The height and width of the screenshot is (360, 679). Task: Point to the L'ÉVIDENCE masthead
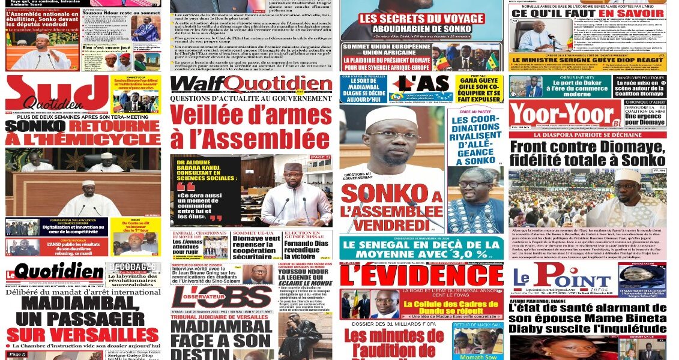(421, 275)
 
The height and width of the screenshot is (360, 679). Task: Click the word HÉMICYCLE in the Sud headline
(83, 140)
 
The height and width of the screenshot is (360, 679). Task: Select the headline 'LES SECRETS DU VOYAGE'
(421, 19)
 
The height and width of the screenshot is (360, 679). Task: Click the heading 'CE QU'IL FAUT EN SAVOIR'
(587, 13)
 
